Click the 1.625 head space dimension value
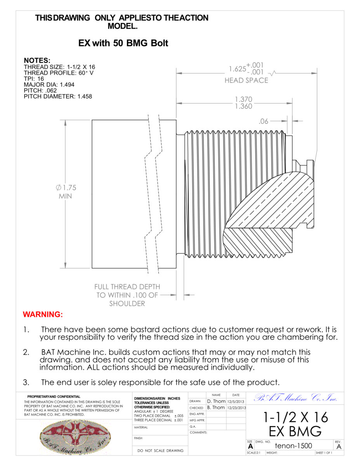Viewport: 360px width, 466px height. point(237,69)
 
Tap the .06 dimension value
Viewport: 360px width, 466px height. point(264,121)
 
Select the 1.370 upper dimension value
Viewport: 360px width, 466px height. point(243,99)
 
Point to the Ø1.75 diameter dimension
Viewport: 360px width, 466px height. point(65,188)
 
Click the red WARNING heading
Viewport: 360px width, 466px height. point(43,314)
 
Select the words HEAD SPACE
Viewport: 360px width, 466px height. point(246,80)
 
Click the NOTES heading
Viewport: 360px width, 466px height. point(37,61)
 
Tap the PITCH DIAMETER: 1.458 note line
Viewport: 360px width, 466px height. point(58,96)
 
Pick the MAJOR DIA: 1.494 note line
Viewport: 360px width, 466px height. point(49,84)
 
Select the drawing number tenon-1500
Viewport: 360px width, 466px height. point(293,446)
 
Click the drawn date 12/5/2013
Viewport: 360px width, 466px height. point(236,401)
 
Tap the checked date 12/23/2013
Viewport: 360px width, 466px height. point(236,408)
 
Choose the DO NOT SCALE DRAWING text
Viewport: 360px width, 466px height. point(160,451)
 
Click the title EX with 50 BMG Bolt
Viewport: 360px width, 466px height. point(123,43)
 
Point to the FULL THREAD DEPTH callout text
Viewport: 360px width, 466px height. point(127,287)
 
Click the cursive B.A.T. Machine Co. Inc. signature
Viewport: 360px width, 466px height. point(295,398)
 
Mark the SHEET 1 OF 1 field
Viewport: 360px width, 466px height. point(324,453)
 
